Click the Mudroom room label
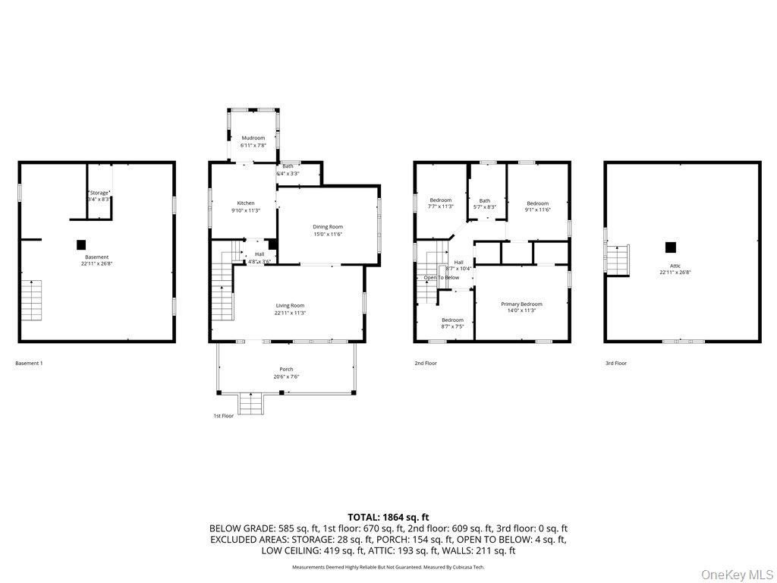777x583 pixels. pyautogui.click(x=253, y=138)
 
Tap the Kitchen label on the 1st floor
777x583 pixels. pyautogui.click(x=246, y=203)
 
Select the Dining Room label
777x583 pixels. pyautogui.click(x=328, y=227)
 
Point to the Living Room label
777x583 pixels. pyautogui.click(x=290, y=306)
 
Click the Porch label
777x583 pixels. pyautogui.click(x=286, y=370)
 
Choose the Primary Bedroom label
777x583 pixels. pyautogui.click(x=521, y=304)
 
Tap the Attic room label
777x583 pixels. pyautogui.click(x=675, y=266)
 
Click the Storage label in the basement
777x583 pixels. pyautogui.click(x=99, y=193)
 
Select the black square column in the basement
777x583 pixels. pyautogui.click(x=81, y=244)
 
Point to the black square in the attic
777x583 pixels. pyautogui.click(x=670, y=247)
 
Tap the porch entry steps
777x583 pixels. pyautogui.click(x=250, y=403)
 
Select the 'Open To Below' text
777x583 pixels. pyautogui.click(x=441, y=278)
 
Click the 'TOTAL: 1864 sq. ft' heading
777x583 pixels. pyautogui.click(x=388, y=516)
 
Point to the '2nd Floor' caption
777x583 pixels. pyautogui.click(x=426, y=364)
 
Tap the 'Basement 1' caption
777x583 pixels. pyautogui.click(x=29, y=364)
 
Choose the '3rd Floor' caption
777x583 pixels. pyautogui.click(x=616, y=364)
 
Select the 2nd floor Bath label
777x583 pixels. pyautogui.click(x=484, y=201)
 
